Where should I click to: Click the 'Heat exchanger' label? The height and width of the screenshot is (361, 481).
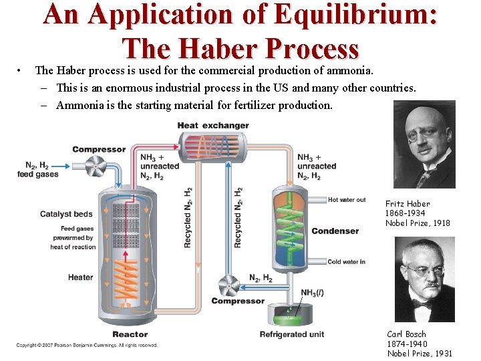[213, 125]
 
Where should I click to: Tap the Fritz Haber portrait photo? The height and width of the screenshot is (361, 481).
[424, 144]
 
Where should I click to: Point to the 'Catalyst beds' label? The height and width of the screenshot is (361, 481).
[66, 215]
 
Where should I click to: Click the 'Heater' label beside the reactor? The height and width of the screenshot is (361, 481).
[80, 277]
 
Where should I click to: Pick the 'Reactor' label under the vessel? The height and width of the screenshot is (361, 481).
[130, 334]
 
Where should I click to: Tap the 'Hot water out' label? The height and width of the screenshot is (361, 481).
[347, 200]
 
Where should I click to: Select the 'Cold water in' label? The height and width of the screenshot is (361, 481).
[346, 262]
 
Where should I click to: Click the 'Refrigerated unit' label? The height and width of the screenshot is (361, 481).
[292, 334]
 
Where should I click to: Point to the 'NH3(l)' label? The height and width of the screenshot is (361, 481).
[313, 293]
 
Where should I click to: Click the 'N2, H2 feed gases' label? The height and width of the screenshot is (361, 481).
[37, 170]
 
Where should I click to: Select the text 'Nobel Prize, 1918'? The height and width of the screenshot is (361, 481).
[418, 223]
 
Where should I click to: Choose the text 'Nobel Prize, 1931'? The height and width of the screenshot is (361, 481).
[420, 354]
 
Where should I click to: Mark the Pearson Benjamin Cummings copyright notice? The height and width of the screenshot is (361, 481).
[87, 346]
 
